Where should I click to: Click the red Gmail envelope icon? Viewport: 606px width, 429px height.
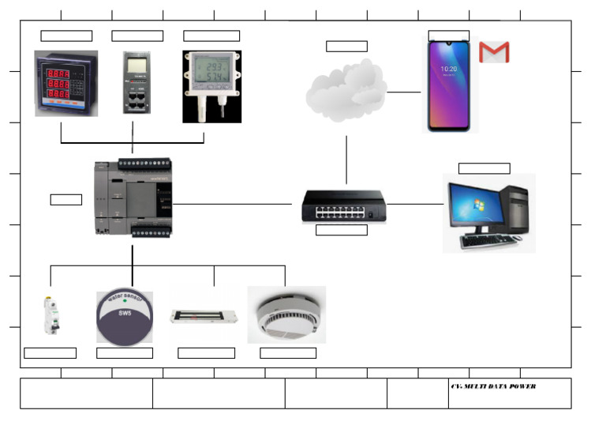click(x=494, y=52)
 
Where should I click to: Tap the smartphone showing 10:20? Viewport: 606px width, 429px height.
click(x=448, y=85)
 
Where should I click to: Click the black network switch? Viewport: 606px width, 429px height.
click(x=341, y=206)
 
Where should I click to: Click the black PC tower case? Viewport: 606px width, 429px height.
click(x=517, y=209)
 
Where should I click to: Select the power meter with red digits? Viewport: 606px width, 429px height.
click(x=65, y=84)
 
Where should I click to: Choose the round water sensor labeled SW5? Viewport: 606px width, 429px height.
click(x=125, y=316)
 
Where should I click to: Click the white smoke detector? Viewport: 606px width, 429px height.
click(x=286, y=314)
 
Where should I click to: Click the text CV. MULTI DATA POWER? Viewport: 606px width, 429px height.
click(x=493, y=386)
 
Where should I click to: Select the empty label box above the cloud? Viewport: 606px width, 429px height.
click(x=346, y=46)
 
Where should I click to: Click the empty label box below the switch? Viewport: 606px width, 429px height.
click(x=341, y=230)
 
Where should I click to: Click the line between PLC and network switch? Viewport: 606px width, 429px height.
click(x=233, y=204)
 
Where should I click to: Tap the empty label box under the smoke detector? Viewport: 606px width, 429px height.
click(x=287, y=353)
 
